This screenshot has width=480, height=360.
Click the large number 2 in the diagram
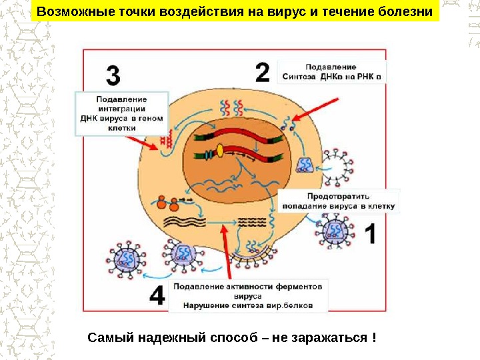pyautogui.click(x=262, y=72)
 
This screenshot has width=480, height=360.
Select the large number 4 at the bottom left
pyautogui.click(x=156, y=295)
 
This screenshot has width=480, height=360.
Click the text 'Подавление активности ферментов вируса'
pyautogui.click(x=248, y=291)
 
